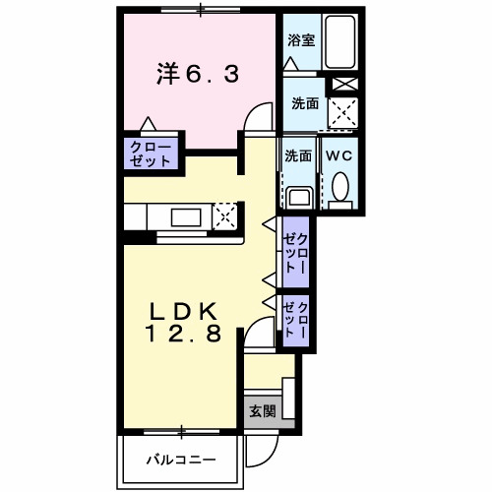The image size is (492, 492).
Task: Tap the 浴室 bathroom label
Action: click(300, 40)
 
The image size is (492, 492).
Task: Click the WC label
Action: click(339, 155)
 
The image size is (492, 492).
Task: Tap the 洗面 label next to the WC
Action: click(298, 155)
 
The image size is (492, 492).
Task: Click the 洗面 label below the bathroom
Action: click(304, 102)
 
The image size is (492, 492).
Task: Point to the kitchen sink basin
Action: click(184, 215)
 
